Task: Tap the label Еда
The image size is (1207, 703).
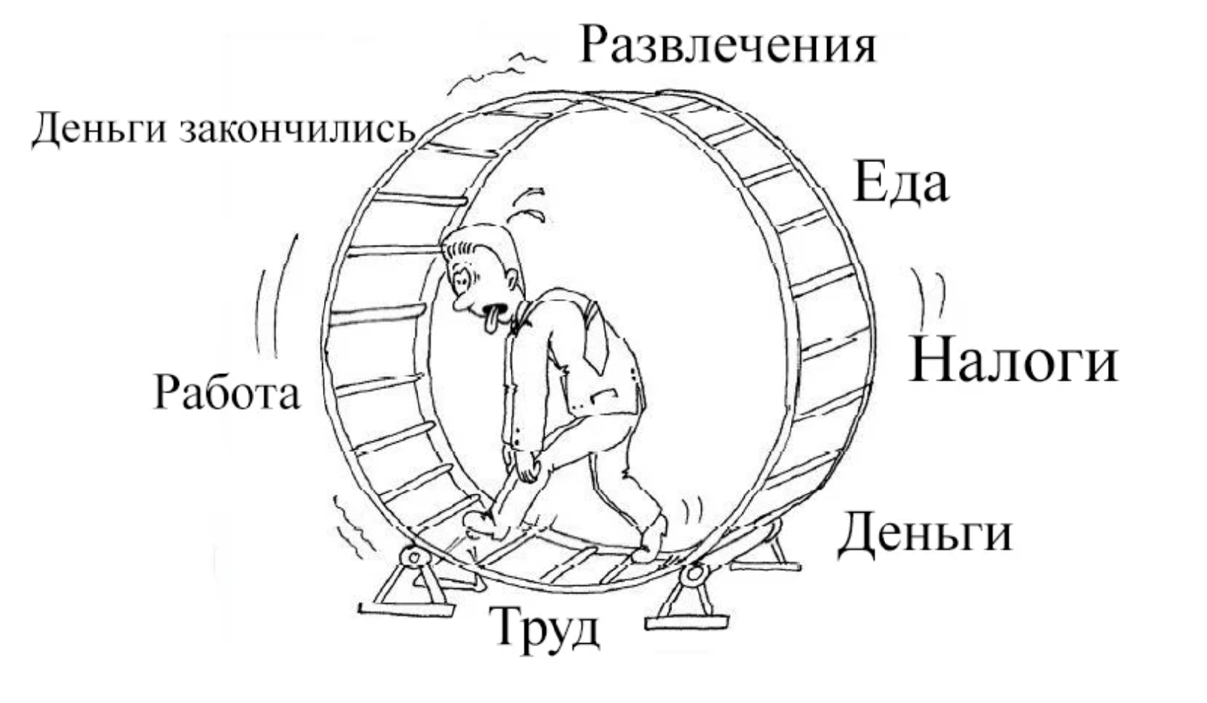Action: tap(900, 183)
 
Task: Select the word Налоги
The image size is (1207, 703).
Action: tap(1014, 361)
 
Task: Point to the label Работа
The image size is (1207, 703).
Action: tap(226, 393)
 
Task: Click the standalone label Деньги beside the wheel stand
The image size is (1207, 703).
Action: tap(925, 534)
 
